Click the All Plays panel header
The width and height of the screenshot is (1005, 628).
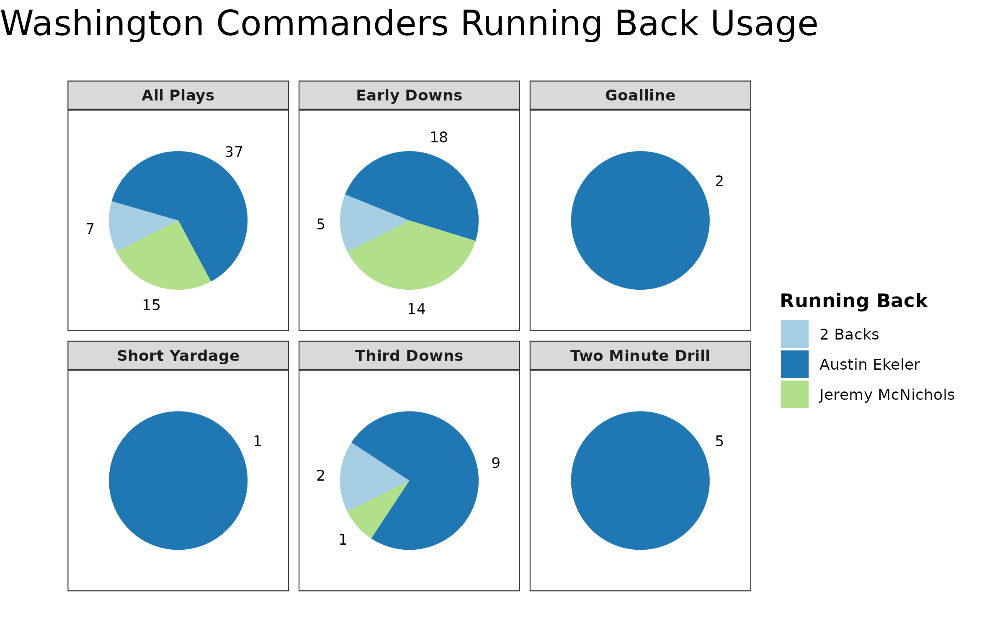pos(178,95)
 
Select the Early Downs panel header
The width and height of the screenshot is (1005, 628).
pos(409,95)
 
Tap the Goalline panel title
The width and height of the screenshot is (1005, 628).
pos(640,95)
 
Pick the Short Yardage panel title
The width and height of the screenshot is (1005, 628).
pos(178,356)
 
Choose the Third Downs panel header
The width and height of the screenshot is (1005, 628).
pos(409,356)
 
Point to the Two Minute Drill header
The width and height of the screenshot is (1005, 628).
pos(640,356)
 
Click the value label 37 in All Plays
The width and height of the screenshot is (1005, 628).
pos(234,152)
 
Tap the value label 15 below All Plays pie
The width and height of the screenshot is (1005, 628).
pos(151,306)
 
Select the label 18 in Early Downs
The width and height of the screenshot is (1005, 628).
pos(439,137)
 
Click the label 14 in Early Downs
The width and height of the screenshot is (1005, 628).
pos(416,309)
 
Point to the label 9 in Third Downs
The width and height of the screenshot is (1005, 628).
pos(496,463)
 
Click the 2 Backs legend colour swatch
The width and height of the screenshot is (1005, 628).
pos(794,334)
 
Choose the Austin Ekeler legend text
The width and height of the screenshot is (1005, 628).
pos(869,365)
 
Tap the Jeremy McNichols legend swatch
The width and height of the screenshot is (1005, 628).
pos(794,394)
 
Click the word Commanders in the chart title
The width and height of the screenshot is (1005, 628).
pos(332,24)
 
